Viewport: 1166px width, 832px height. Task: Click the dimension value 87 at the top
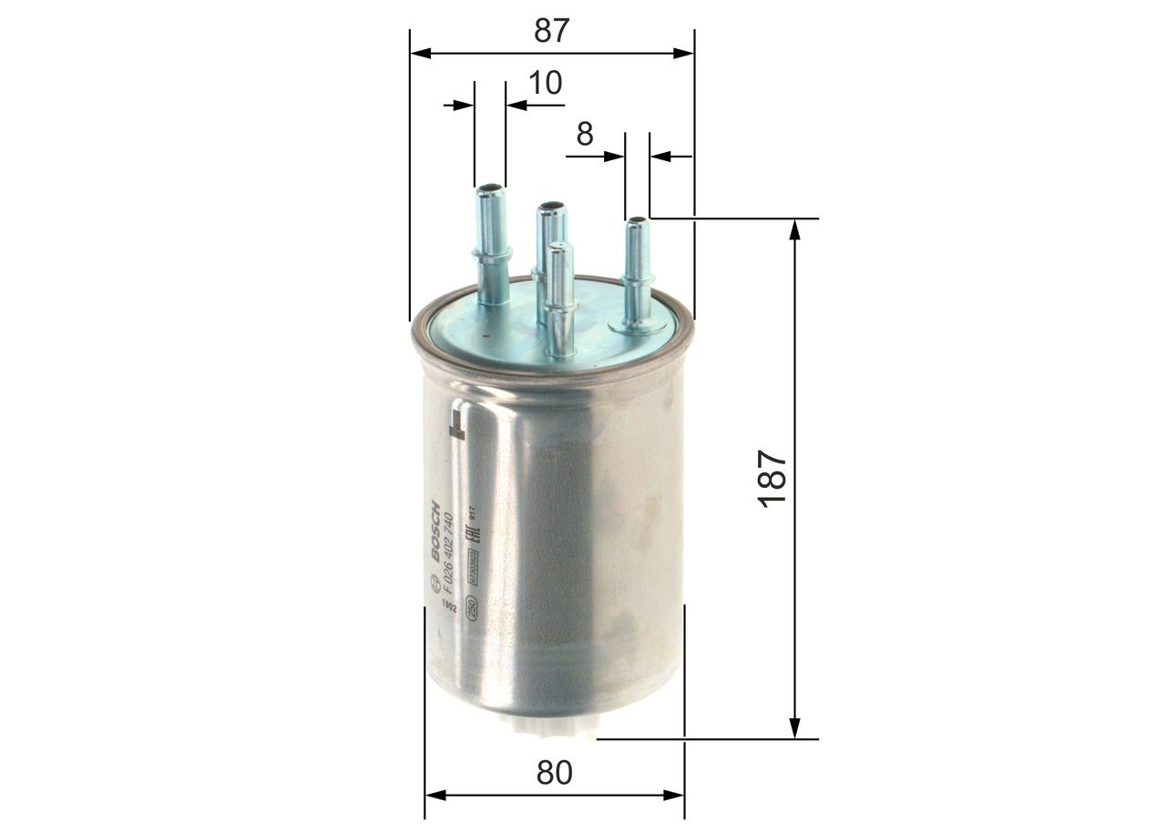point(551,30)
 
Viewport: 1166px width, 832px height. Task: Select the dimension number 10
point(546,83)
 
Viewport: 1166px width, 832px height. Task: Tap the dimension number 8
point(585,134)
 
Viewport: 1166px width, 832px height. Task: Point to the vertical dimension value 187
point(772,479)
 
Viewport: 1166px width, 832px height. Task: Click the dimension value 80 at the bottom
point(554,773)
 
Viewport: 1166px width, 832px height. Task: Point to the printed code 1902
point(448,607)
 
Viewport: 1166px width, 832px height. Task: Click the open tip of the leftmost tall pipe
point(490,189)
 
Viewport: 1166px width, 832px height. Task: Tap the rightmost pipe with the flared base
point(637,273)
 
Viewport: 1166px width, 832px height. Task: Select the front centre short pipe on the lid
point(559,300)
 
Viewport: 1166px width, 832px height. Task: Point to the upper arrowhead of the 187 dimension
point(795,228)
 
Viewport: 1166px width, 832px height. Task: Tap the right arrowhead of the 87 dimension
point(684,54)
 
